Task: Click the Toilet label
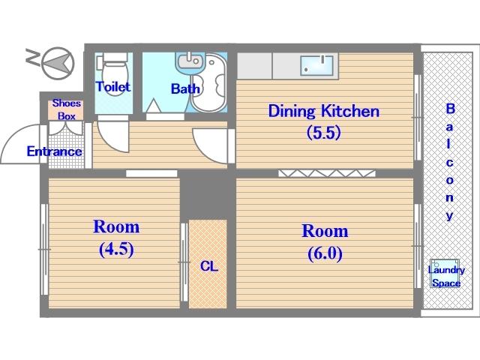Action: coord(113,87)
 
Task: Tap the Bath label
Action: coord(185,88)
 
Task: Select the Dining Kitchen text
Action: coord(324,111)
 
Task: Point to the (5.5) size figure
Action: coord(324,133)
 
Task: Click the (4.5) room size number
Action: coord(116,250)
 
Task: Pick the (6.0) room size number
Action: coord(325,253)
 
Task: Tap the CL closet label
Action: coord(209,266)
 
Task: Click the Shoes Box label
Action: coord(67,109)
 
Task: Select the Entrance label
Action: coord(54,151)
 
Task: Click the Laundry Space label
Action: coord(446,277)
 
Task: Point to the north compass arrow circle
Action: coord(58,63)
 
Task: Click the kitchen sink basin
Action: coord(316,65)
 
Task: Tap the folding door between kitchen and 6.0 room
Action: coord(327,173)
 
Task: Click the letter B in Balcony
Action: coord(450,109)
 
